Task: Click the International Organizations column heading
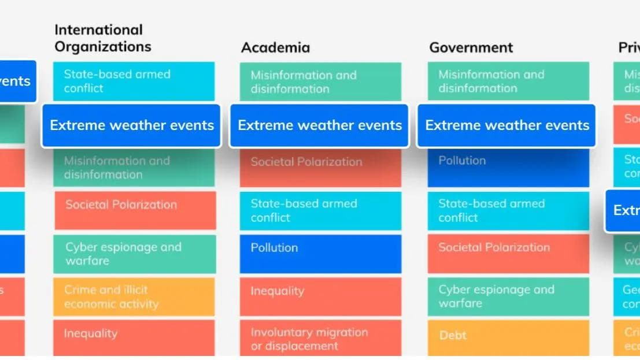[x=102, y=38]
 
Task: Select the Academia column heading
[x=275, y=47]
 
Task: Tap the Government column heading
[x=471, y=47]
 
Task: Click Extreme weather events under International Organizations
[x=131, y=125]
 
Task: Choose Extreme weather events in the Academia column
[x=319, y=125]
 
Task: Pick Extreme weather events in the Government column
[x=506, y=125]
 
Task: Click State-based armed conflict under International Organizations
[x=134, y=81]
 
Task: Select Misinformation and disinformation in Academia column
[x=320, y=82]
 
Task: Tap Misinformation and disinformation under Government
[x=508, y=81]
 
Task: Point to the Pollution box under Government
[x=508, y=168]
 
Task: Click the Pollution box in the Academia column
[x=320, y=254]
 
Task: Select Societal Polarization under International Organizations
[x=135, y=210]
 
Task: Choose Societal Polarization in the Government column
[x=508, y=254]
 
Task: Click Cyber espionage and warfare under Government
[x=508, y=296]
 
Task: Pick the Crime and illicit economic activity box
[x=134, y=296]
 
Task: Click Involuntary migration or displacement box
[x=320, y=339]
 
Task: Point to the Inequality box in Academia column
[x=320, y=296]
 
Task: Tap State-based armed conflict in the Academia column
[x=320, y=210]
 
